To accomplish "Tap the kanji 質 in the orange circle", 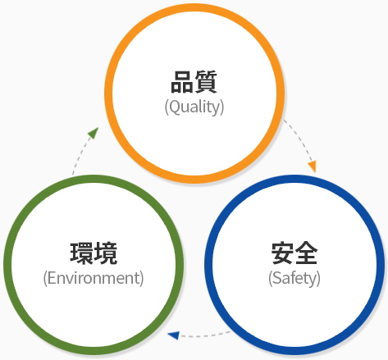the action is point(206,82).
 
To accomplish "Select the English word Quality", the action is point(194,107).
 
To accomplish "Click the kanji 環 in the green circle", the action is point(81,253).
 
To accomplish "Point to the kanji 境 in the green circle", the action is point(106,253).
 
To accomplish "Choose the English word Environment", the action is point(94,278).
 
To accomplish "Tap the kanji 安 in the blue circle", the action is point(282,253).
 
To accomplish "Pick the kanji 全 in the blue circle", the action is point(306,253).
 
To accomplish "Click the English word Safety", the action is point(294,278).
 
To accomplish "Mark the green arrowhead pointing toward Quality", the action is point(94,133).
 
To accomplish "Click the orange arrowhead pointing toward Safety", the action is point(313,166).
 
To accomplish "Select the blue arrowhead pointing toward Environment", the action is point(173,335).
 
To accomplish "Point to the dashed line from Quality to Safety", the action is point(300,139).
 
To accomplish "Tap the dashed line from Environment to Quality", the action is point(79,155).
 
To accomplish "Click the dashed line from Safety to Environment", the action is point(204,335).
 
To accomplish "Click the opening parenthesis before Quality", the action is point(167,107).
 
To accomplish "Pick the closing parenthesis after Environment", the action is point(142,279).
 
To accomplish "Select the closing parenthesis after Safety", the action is point(318,279).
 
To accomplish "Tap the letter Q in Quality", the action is point(174,107).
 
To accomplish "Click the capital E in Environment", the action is point(51,278).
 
